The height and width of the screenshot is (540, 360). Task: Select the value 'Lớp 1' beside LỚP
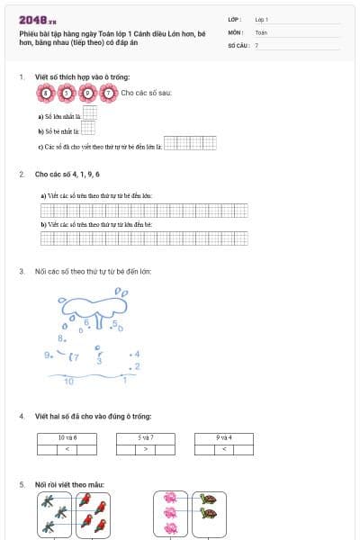pyautogui.click(x=262, y=19)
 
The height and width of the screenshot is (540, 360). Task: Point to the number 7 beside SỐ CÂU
pyautogui.click(x=256, y=44)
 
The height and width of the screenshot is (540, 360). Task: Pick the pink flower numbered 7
pyautogui.click(x=109, y=92)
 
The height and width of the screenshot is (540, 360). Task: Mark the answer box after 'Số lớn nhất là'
pyautogui.click(x=89, y=114)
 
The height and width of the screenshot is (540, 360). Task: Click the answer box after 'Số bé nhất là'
pyautogui.click(x=88, y=130)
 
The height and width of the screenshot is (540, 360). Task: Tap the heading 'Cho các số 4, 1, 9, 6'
pyautogui.click(x=67, y=173)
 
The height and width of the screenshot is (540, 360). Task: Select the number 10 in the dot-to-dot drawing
pyautogui.click(x=69, y=382)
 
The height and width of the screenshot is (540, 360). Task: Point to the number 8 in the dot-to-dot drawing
pyautogui.click(x=60, y=337)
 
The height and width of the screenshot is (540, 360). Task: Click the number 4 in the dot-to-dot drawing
pyautogui.click(x=137, y=354)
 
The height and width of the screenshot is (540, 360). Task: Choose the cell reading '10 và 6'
pyautogui.click(x=67, y=436)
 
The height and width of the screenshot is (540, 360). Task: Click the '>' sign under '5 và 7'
pyautogui.click(x=145, y=446)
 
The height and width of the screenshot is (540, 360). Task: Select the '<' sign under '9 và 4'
pyautogui.click(x=224, y=446)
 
